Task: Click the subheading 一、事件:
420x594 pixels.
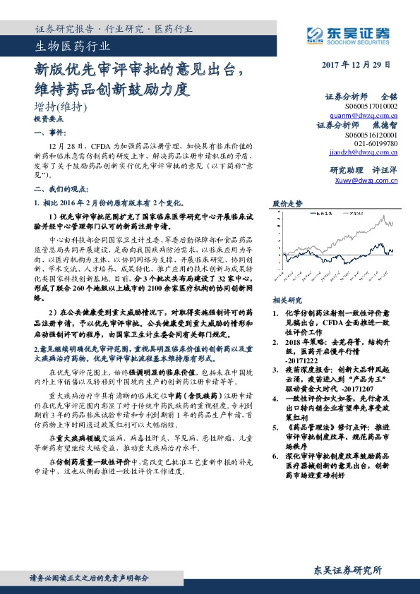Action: [49, 133]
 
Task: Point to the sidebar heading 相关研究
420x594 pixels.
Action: [287, 280]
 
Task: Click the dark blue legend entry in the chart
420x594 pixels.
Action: [324, 212]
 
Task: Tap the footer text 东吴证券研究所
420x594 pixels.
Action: [347, 570]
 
